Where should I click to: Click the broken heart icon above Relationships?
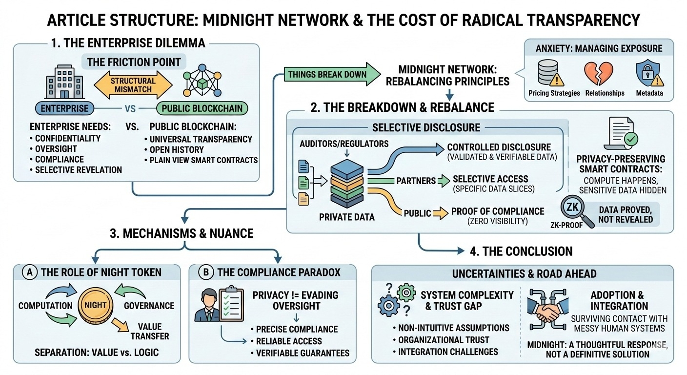[597, 73]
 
